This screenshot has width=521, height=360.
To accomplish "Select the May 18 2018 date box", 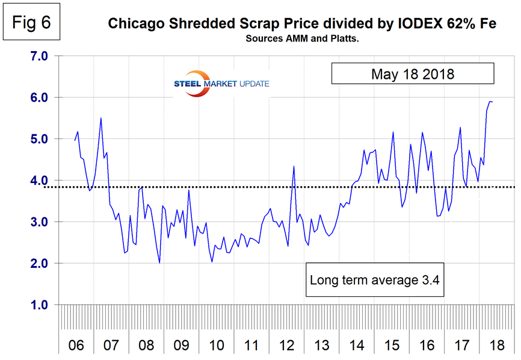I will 412,74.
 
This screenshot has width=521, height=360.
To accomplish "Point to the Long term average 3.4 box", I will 376,279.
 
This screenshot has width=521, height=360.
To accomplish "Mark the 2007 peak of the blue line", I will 100,118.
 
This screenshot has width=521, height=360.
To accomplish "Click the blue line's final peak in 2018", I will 490,101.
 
